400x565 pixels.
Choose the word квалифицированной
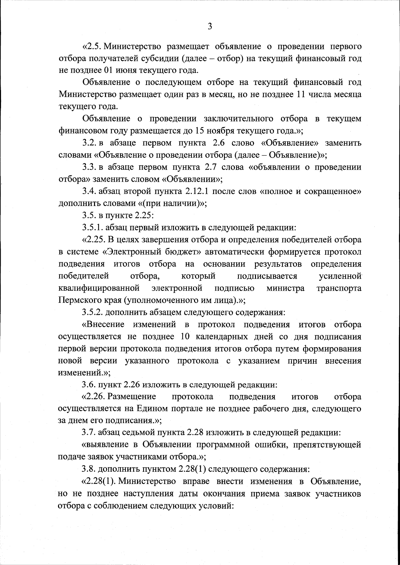(99, 288)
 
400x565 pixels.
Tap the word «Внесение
(103, 324)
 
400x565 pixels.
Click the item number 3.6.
(89, 385)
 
